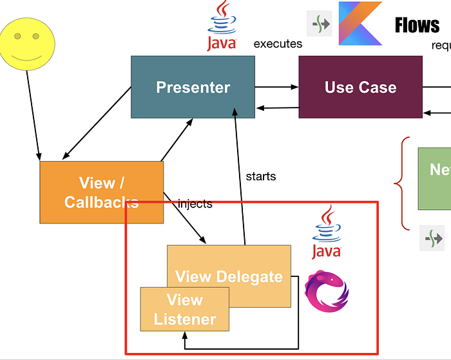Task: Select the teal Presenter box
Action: [193, 87]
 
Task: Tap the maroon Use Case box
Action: [360, 87]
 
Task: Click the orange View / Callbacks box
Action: [101, 192]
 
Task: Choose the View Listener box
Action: [185, 309]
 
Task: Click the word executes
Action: [278, 44]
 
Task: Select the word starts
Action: [261, 176]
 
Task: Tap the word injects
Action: [195, 204]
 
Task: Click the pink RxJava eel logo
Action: [326, 293]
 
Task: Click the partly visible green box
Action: [435, 178]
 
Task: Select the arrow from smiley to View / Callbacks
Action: [34, 113]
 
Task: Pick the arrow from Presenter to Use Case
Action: [276, 87]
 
